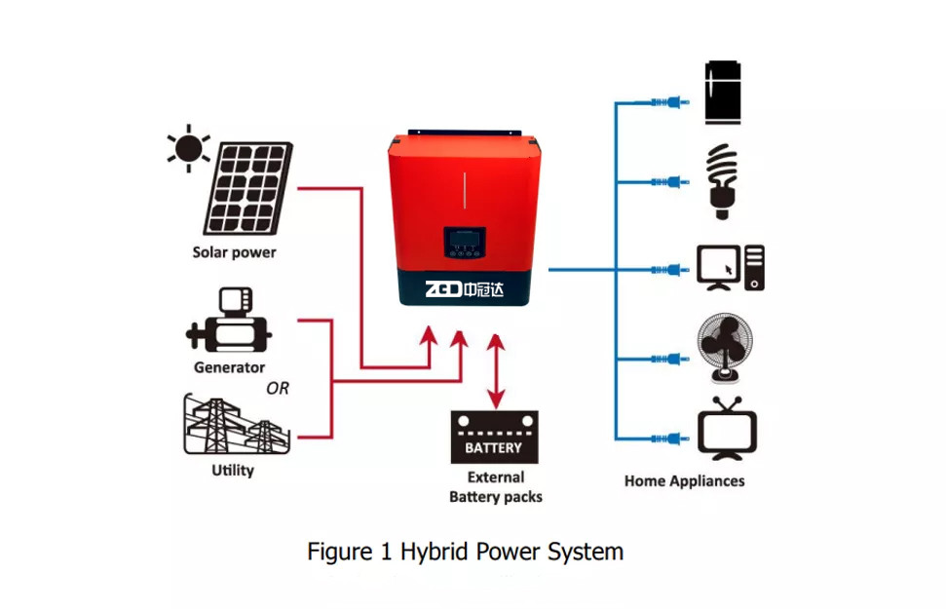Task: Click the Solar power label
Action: pos(234,252)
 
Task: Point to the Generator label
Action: pos(229,367)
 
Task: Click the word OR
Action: pos(278,389)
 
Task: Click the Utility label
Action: pos(233,471)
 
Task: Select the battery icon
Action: pos(494,438)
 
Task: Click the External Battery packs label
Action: pos(495,487)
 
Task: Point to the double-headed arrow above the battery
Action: pos(496,370)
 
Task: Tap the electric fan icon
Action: pos(726,349)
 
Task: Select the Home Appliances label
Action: pos(684,480)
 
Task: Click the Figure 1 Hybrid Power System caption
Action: pos(465,552)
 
